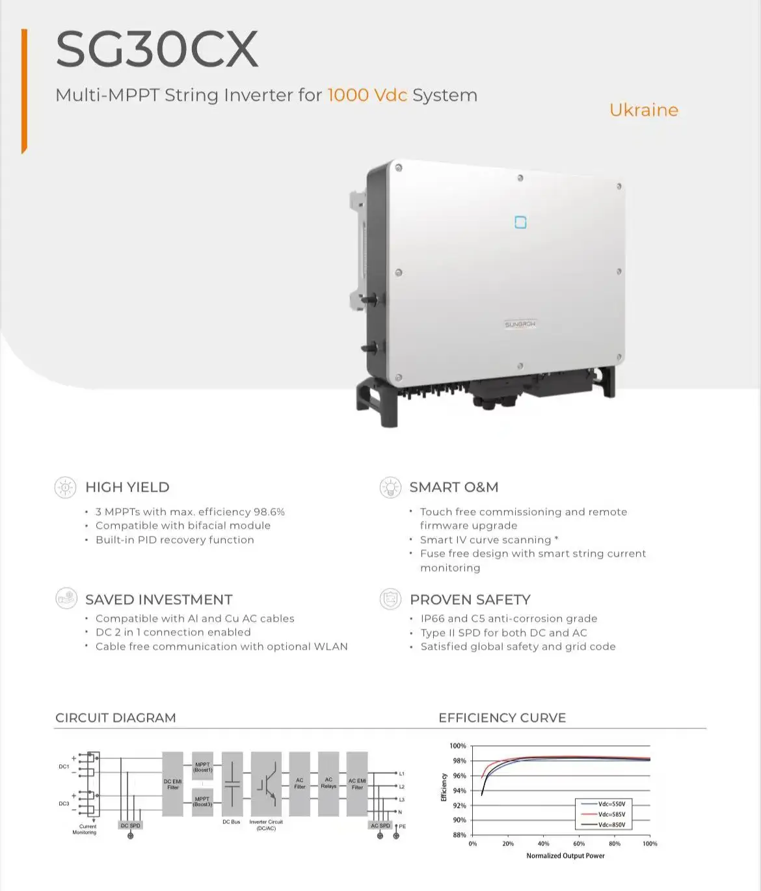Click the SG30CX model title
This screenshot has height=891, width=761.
tap(157, 49)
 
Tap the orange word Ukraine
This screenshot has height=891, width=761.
tap(643, 110)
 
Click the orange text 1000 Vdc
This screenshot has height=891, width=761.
tap(367, 95)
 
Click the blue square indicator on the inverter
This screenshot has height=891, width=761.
tap(520, 222)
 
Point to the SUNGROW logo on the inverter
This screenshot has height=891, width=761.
tap(520, 324)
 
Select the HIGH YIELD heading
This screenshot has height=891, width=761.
tap(127, 487)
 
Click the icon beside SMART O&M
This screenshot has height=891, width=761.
tap(390, 487)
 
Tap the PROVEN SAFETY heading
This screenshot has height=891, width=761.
tap(470, 600)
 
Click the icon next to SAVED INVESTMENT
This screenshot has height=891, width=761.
tap(66, 598)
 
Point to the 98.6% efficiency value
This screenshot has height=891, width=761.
tap(269, 512)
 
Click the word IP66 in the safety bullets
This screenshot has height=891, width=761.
tap(433, 618)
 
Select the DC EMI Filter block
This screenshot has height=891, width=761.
tap(172, 784)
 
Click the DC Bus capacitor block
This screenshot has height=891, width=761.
tap(232, 784)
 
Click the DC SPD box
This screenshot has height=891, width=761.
tap(131, 825)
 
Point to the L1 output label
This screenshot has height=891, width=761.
tap(401, 774)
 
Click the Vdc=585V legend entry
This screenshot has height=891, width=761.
tap(611, 814)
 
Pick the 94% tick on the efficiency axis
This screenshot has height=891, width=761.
tap(459, 791)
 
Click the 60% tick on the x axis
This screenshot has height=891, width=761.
tap(579, 844)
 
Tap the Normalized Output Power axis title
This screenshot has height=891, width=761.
tap(565, 856)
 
